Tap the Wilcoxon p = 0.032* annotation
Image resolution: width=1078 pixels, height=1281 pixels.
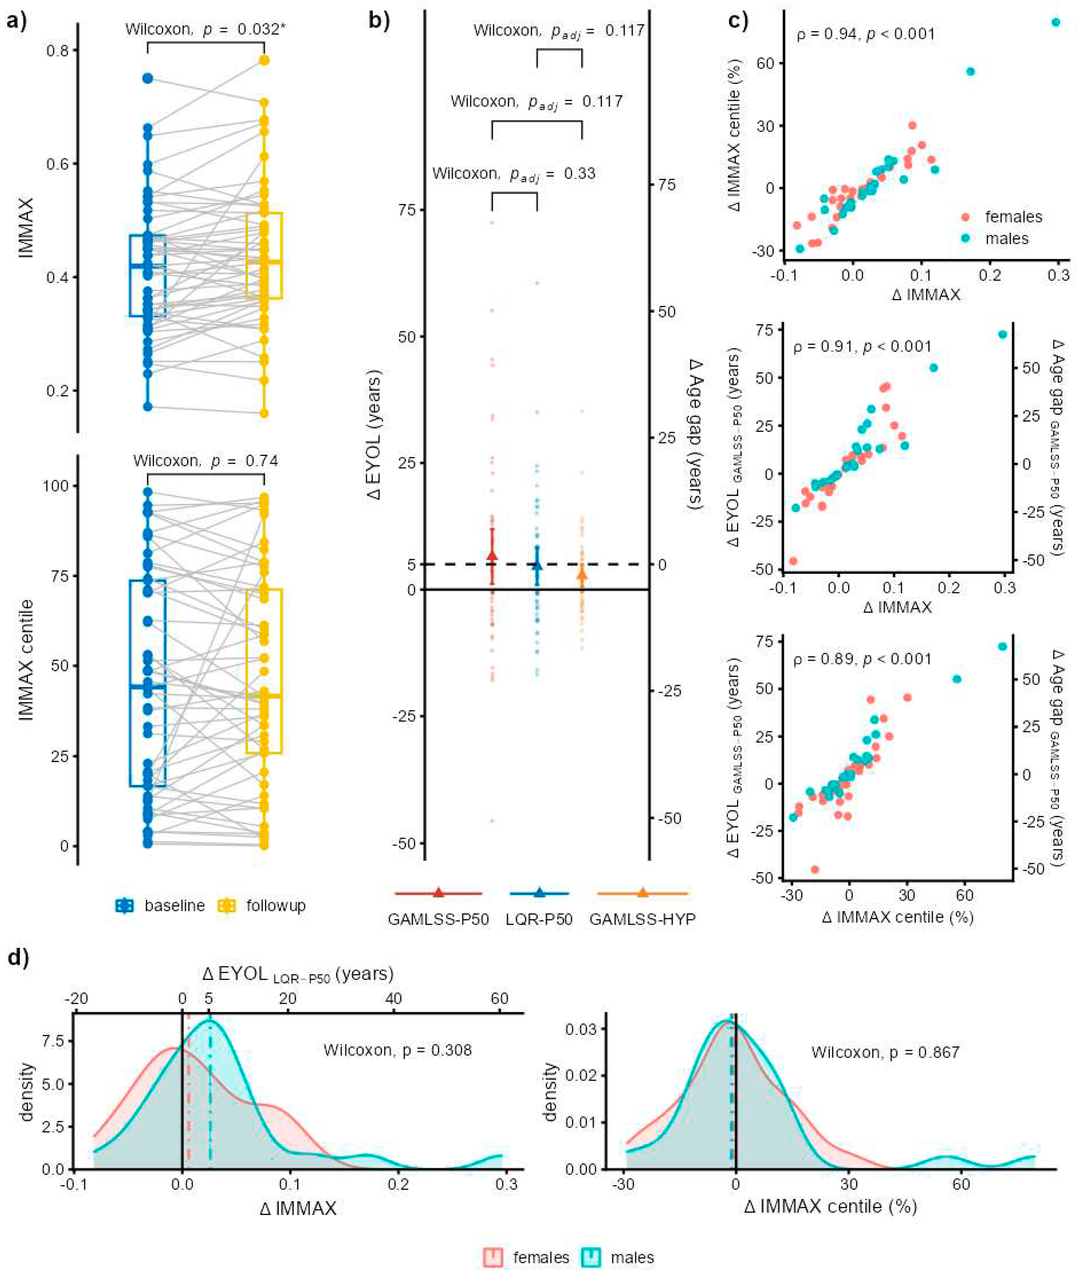(x=205, y=29)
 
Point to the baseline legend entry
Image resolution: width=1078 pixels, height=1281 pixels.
(x=174, y=905)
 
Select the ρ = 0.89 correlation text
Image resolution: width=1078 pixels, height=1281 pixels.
(x=862, y=659)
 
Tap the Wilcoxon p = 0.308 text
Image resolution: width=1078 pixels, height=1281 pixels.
(x=397, y=1050)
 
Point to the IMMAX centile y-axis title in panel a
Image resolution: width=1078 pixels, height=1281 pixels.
(x=26, y=660)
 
